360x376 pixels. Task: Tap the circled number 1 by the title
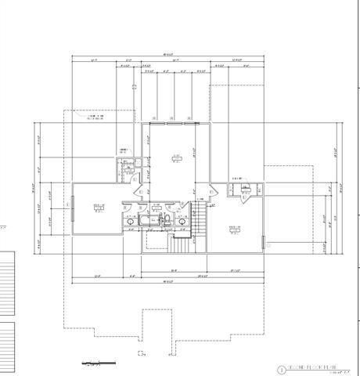pyautogui.click(x=280, y=368)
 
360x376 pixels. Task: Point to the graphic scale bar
pyautogui.click(x=95, y=363)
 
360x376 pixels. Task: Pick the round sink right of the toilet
pyautogui.click(x=182, y=222)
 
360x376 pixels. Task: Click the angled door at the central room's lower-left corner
pyautogui.click(x=141, y=189)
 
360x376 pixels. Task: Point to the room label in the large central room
pyautogui.click(x=178, y=157)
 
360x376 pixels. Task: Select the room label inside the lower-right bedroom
pyautogui.click(x=234, y=229)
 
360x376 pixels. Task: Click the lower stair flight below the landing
pyautogui.click(x=180, y=244)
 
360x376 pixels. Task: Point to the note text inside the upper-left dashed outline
pyautogui.click(x=99, y=117)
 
